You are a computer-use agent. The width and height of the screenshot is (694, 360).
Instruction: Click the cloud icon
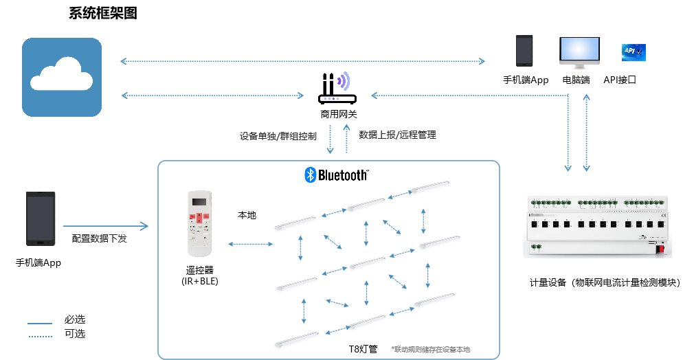[x=62, y=77]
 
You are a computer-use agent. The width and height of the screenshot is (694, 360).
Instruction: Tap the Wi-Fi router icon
[x=337, y=88]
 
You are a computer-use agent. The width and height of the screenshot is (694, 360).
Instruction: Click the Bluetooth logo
[x=336, y=175]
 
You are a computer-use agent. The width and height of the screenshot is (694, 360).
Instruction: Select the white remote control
[x=200, y=225]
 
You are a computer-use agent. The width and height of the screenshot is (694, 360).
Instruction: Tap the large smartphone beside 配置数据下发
[x=41, y=218]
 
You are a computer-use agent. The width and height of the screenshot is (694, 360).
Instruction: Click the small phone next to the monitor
[x=525, y=52]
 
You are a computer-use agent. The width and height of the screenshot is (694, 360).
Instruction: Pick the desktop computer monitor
[x=579, y=52]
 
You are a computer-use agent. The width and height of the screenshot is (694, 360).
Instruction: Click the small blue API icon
[x=633, y=52]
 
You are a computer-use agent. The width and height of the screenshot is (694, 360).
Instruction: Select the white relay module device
[x=598, y=225]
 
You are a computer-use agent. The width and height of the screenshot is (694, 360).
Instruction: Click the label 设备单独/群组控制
[x=278, y=135]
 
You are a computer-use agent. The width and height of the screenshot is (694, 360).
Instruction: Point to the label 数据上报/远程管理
[x=397, y=135]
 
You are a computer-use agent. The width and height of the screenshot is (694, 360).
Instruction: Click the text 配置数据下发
[x=100, y=238]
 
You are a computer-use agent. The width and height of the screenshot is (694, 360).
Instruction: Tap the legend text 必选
[x=74, y=320]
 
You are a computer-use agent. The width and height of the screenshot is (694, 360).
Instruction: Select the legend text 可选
[x=74, y=334]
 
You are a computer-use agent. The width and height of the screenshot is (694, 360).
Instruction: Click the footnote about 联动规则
[x=430, y=349]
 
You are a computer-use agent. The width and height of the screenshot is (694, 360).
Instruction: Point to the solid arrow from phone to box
[x=106, y=225]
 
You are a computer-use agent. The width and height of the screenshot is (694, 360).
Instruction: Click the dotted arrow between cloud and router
[x=213, y=95]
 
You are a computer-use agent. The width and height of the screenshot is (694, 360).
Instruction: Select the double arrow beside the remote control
[x=249, y=243]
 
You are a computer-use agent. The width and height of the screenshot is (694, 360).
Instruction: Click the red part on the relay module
[x=661, y=249]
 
